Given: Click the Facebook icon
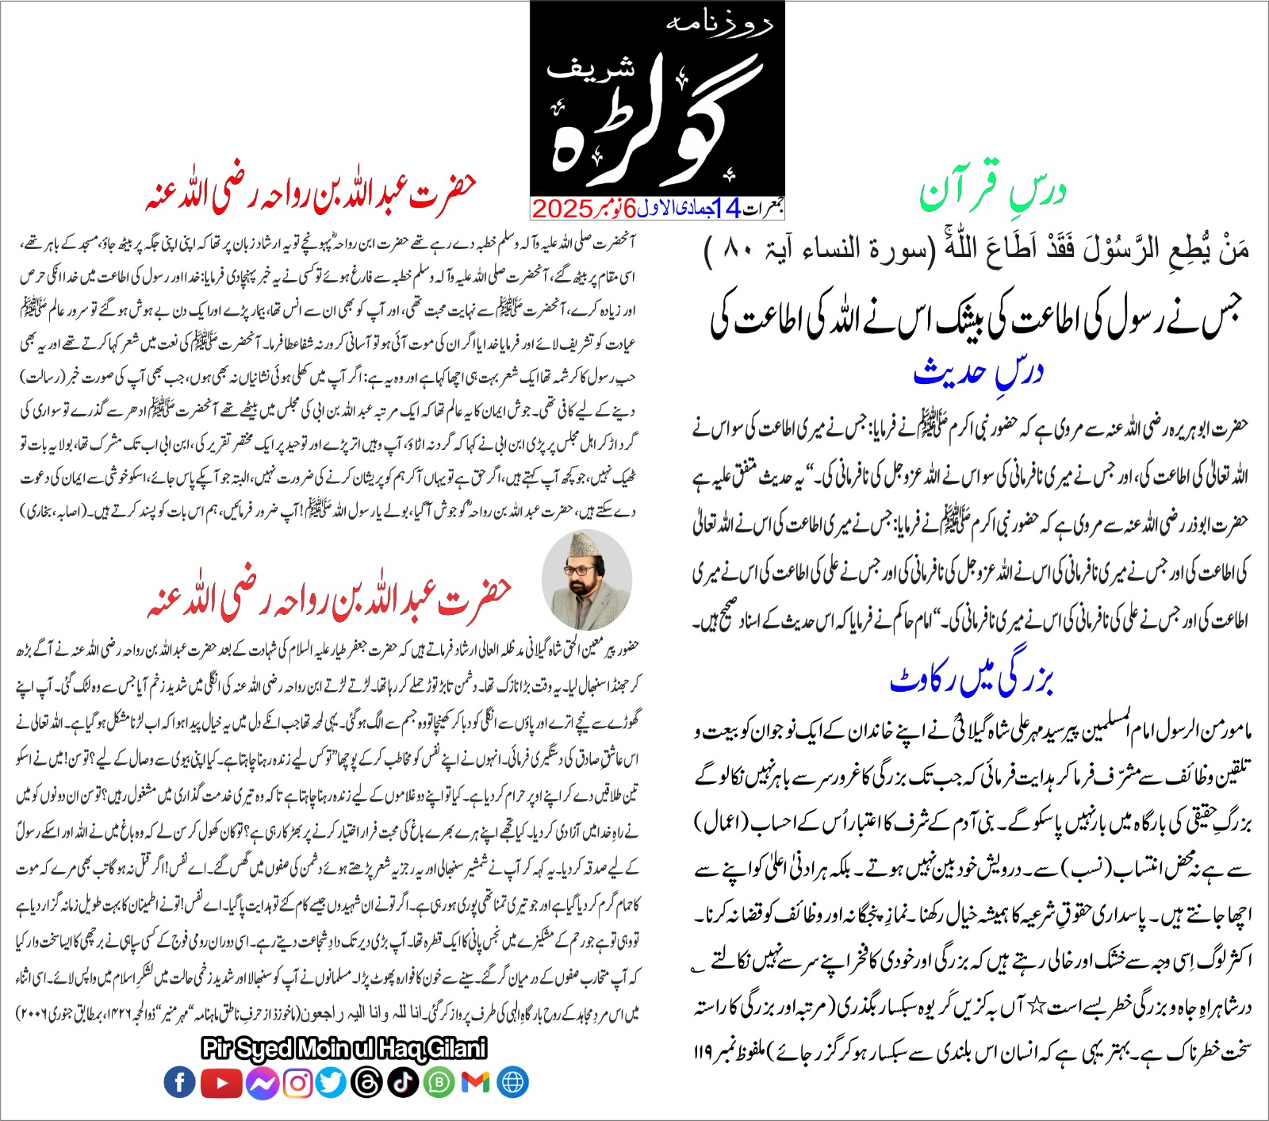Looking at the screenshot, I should pos(180,1082).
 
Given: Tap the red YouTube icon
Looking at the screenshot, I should pos(221,1083).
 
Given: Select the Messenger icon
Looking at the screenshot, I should pos(262,1083).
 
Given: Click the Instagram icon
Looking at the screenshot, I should pos(297,1083).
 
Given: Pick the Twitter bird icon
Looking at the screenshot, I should pos(332,1083).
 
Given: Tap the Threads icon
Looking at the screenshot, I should pos(367,1083).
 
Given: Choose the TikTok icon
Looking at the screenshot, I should pos(403,1083).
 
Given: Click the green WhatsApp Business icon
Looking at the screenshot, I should pos(439,1083).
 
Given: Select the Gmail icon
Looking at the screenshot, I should pos(475,1083).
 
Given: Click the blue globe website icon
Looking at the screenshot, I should pos(513,1083).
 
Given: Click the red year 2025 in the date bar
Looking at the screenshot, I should pos(562,209).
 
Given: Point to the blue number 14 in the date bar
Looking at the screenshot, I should pos(727,208).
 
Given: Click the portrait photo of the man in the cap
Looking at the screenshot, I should pos(587,581).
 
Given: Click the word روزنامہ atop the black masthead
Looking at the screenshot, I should pos(720,24).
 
